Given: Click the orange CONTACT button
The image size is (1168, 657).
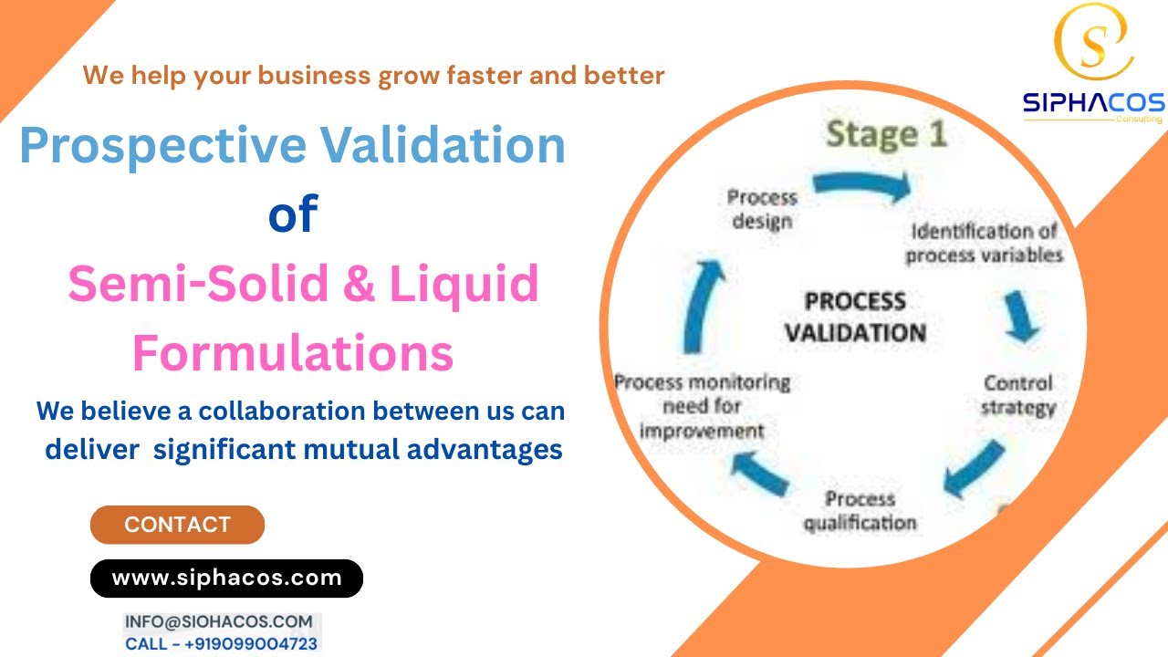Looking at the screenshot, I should (177, 525).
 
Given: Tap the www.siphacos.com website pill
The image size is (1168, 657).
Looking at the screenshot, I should (226, 578).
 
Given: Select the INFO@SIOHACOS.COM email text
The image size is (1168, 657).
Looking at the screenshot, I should (219, 621).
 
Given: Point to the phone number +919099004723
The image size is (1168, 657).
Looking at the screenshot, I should (251, 644).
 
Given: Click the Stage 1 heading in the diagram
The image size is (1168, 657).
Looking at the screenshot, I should (886, 135).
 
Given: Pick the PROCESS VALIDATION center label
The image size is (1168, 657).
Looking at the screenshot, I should (855, 317).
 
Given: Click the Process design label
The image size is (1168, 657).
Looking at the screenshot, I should (761, 208).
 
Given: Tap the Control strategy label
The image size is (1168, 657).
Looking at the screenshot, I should (1017, 394).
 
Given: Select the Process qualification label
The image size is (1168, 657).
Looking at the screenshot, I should (860, 511).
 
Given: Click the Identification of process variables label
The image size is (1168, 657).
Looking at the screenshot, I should (985, 243).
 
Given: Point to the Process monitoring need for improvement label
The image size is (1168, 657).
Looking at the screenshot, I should (702, 405).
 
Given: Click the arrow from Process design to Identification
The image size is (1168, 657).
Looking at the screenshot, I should (861, 185).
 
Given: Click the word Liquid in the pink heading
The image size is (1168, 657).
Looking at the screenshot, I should (464, 285).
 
